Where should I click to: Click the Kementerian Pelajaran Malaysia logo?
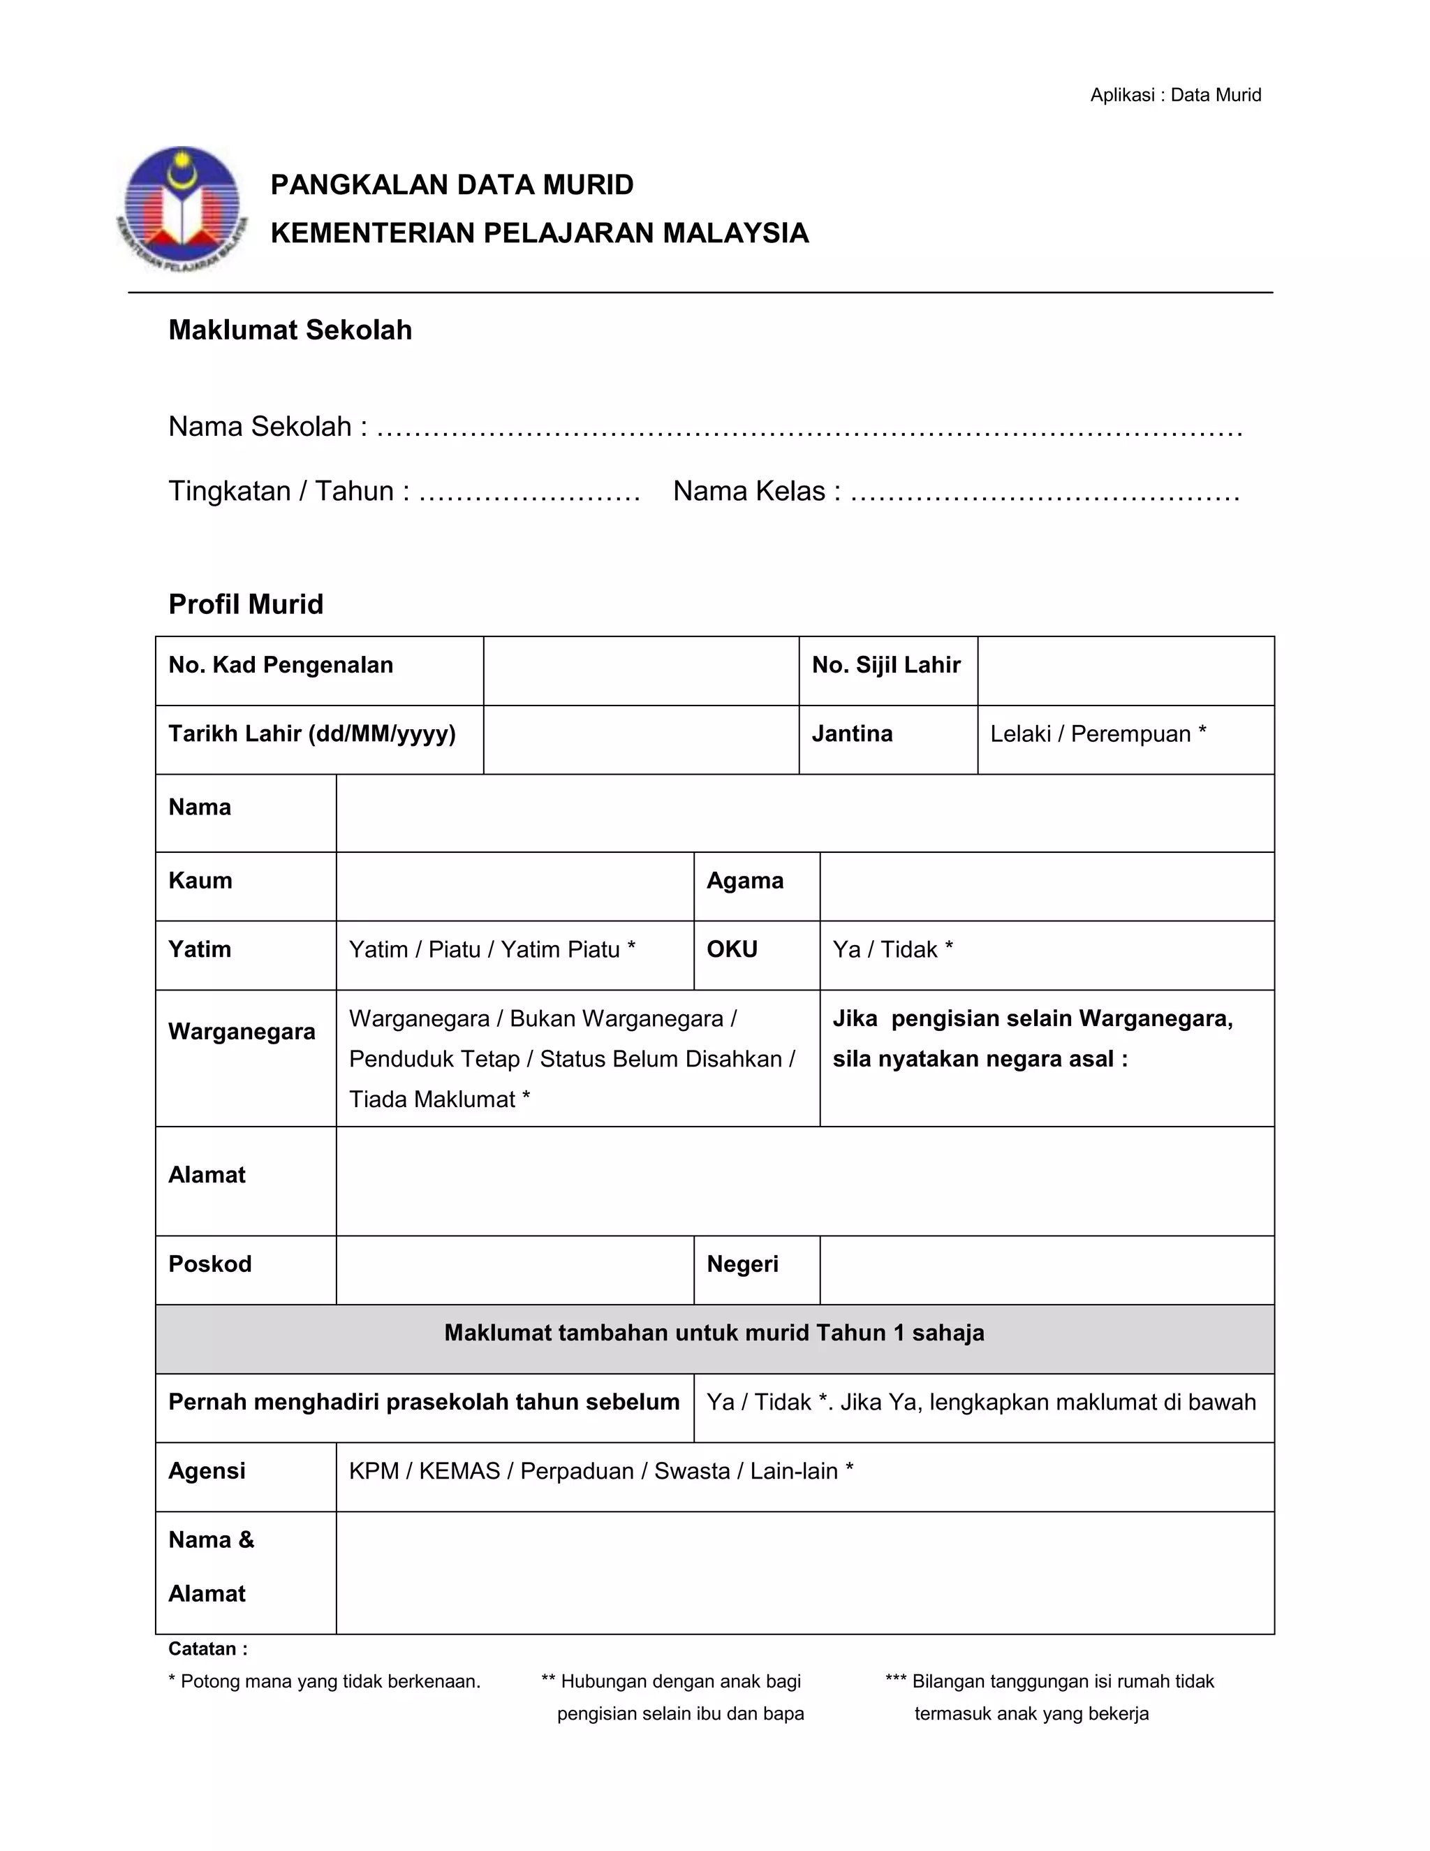182,207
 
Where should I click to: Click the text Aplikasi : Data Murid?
1175,95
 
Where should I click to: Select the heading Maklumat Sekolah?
290,330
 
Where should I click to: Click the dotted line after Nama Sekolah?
809,429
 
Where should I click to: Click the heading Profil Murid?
246,604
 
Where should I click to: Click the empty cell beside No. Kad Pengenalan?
640,671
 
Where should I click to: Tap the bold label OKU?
732,949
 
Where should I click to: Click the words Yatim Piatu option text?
560,949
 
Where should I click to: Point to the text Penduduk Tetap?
434,1060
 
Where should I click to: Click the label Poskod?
210,1264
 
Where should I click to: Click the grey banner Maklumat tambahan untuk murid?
714,1333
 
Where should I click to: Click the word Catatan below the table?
203,1649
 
